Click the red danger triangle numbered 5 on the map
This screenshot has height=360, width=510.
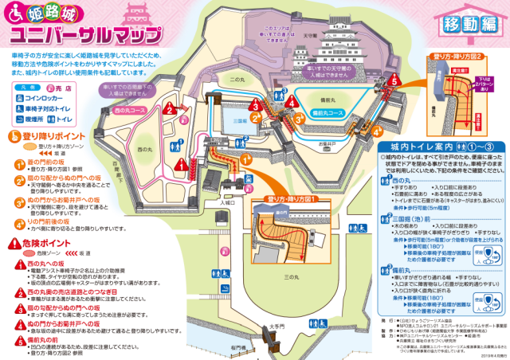393,80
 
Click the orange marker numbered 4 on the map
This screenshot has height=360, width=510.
292,102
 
